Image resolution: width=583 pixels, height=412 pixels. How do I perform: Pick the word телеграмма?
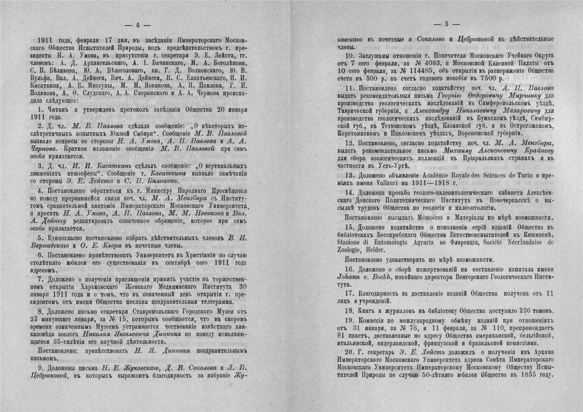pyautogui.click(x=208, y=302)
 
